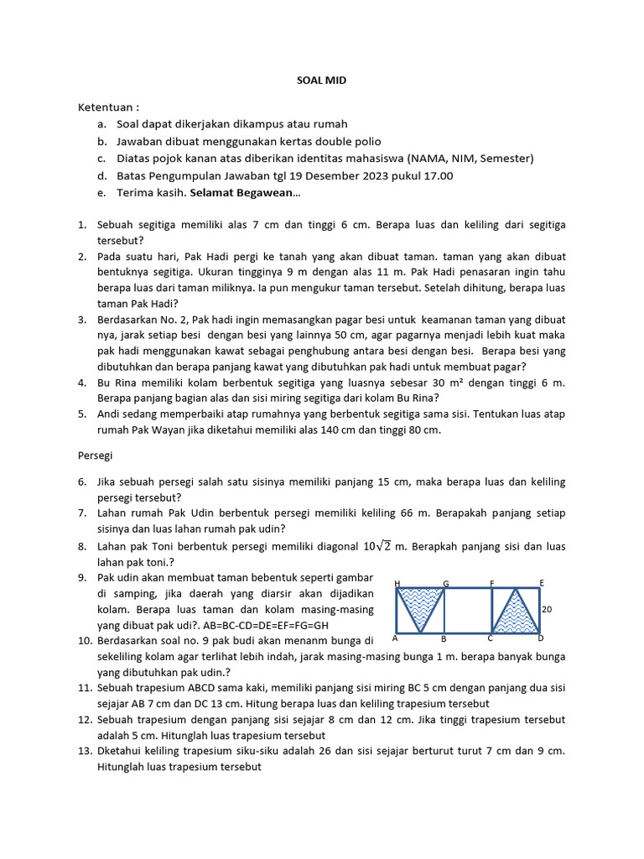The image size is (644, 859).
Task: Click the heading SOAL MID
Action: [321, 81]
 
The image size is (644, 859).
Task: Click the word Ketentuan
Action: [107, 107]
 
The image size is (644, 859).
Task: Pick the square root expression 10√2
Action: [371, 546]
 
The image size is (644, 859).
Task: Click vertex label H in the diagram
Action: [396, 583]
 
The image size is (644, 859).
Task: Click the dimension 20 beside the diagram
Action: [547, 610]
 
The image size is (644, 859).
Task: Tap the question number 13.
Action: [83, 752]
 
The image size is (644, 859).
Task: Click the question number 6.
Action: [83, 482]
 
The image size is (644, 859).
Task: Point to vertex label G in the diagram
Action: [445, 583]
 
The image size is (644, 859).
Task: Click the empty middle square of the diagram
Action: [467, 610]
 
